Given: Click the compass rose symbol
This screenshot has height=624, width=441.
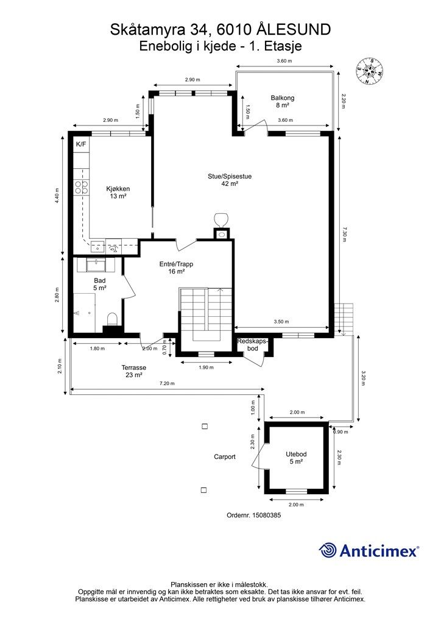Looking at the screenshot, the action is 369,71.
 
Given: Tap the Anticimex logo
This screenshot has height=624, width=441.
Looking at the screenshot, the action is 369,550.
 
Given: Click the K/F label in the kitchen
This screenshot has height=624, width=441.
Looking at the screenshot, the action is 81,144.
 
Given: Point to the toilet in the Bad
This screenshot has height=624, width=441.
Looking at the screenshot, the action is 112,319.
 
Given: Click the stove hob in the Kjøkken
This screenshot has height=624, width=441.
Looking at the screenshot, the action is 82,187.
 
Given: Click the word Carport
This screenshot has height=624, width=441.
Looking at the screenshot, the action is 225,457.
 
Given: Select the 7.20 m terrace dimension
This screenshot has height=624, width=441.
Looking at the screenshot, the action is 167,384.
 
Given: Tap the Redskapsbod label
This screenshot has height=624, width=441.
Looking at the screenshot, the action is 253,345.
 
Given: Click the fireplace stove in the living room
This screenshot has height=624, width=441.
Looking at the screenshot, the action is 220,225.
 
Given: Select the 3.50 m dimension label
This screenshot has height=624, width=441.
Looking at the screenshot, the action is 281,322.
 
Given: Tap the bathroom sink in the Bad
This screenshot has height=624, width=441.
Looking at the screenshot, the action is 96,264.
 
